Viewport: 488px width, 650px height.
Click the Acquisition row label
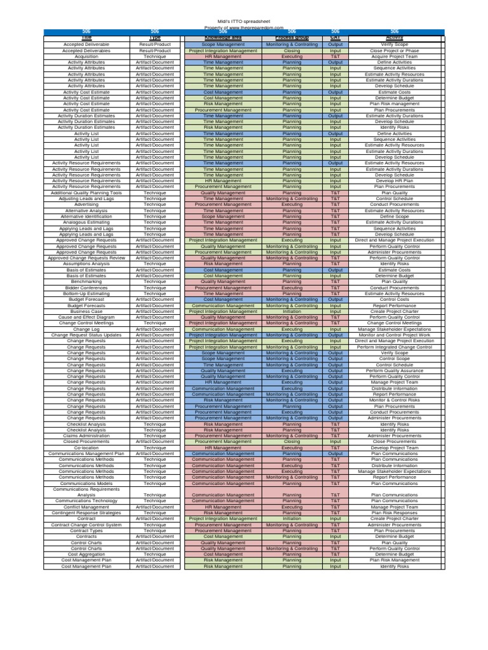point(86,56)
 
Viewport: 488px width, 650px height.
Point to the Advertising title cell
point(86,204)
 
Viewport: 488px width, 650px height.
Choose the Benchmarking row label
point(86,282)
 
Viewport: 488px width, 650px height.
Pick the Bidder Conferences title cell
point(86,288)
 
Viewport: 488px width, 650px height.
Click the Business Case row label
point(86,312)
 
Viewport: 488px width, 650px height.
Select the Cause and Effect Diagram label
point(86,317)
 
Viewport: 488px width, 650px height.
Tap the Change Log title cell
point(86,329)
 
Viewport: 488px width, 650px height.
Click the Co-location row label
point(86,448)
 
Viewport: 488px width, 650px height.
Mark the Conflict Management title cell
point(86,507)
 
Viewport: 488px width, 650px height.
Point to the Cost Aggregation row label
point(86,554)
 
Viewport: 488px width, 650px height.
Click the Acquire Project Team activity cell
point(395,56)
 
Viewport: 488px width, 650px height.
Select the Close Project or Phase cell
point(395,50)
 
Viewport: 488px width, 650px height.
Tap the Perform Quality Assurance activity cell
point(395,371)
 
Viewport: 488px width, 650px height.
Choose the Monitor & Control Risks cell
point(395,401)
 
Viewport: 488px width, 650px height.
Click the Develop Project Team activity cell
point(395,448)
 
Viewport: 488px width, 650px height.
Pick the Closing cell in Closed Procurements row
point(292,442)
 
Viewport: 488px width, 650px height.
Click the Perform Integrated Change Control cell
point(395,347)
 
